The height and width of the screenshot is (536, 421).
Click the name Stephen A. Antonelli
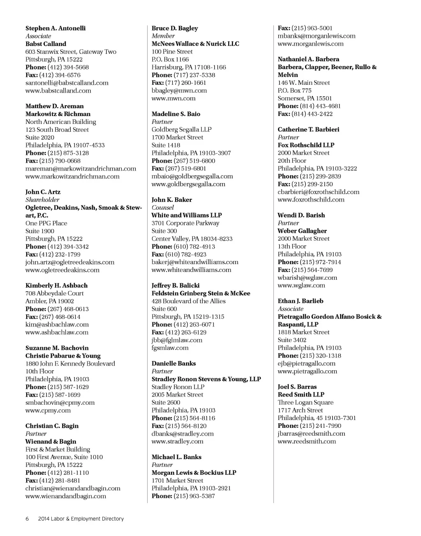point(56,28)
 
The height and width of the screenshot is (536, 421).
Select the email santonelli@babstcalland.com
point(67,83)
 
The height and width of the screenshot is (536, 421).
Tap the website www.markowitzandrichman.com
point(72,176)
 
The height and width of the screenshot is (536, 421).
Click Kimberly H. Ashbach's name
point(56,285)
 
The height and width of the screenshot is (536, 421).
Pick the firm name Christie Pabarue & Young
point(63,356)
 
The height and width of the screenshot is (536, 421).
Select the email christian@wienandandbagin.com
point(73,488)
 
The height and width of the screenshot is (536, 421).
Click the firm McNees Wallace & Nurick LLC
point(195,44)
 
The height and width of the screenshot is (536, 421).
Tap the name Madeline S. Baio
point(176,114)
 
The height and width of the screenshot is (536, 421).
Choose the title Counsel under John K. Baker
point(163,208)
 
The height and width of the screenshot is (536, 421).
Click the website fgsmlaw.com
point(170,348)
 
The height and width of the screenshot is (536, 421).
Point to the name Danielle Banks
point(173,363)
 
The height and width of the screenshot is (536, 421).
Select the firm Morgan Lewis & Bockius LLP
point(194,473)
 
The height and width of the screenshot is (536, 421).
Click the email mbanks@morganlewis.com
point(317,36)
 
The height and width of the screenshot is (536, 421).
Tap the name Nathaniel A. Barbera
point(308,59)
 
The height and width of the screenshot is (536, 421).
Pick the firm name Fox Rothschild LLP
point(306,145)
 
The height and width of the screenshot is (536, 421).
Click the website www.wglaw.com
point(301,285)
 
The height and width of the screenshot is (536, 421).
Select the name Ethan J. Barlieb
point(301,301)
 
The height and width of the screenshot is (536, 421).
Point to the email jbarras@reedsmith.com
point(311,434)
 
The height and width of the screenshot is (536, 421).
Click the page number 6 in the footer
point(27,519)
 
